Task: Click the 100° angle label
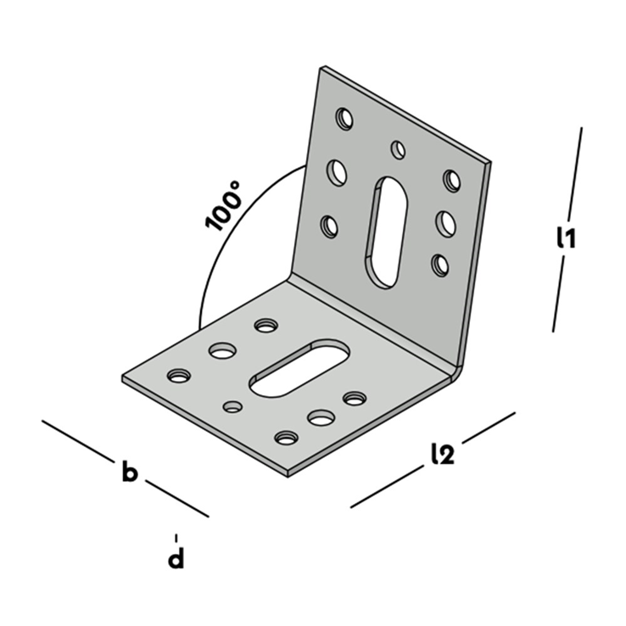tap(223, 206)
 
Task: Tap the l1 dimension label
tap(566, 238)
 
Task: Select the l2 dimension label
tap(443, 454)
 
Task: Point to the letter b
tap(130, 471)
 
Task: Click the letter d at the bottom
tap(176, 558)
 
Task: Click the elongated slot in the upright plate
tap(385, 232)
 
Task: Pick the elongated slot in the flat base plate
tap(299, 368)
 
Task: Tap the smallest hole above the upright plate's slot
tap(398, 149)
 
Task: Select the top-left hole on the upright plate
tap(344, 119)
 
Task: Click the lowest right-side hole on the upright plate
tap(440, 265)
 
